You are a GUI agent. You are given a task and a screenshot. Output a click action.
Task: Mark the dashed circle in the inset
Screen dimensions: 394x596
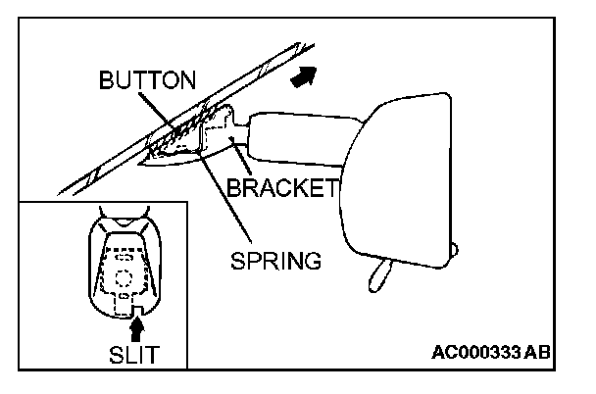click(x=124, y=277)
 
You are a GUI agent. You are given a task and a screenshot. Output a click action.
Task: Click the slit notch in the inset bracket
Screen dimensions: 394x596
click(x=124, y=306)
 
